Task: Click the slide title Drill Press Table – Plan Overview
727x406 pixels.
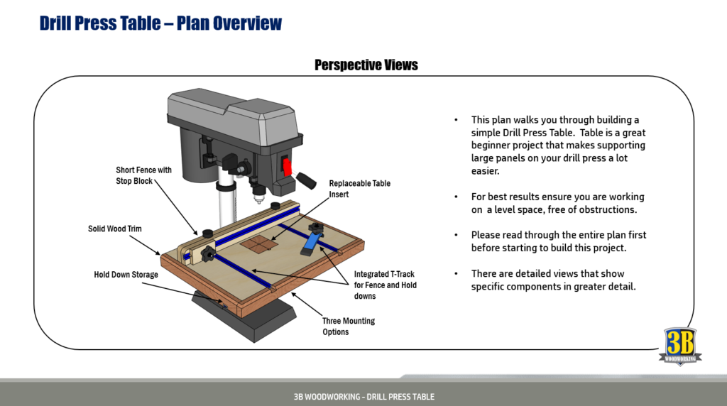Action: [x=160, y=23]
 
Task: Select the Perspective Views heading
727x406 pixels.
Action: [x=366, y=65]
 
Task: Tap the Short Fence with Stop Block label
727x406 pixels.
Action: [x=144, y=175]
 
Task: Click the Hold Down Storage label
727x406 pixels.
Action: [x=126, y=275]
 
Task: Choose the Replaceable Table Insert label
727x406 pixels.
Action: [x=359, y=189]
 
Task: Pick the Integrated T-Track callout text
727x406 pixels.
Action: [x=385, y=285]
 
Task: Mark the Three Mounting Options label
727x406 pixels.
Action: [x=348, y=326]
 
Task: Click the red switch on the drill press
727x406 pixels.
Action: [x=288, y=167]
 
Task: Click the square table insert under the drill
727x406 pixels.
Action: [x=258, y=246]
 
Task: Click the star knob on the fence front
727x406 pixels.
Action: [x=207, y=253]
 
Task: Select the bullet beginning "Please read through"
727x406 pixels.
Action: [x=558, y=241]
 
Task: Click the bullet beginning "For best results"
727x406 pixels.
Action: [x=557, y=203]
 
